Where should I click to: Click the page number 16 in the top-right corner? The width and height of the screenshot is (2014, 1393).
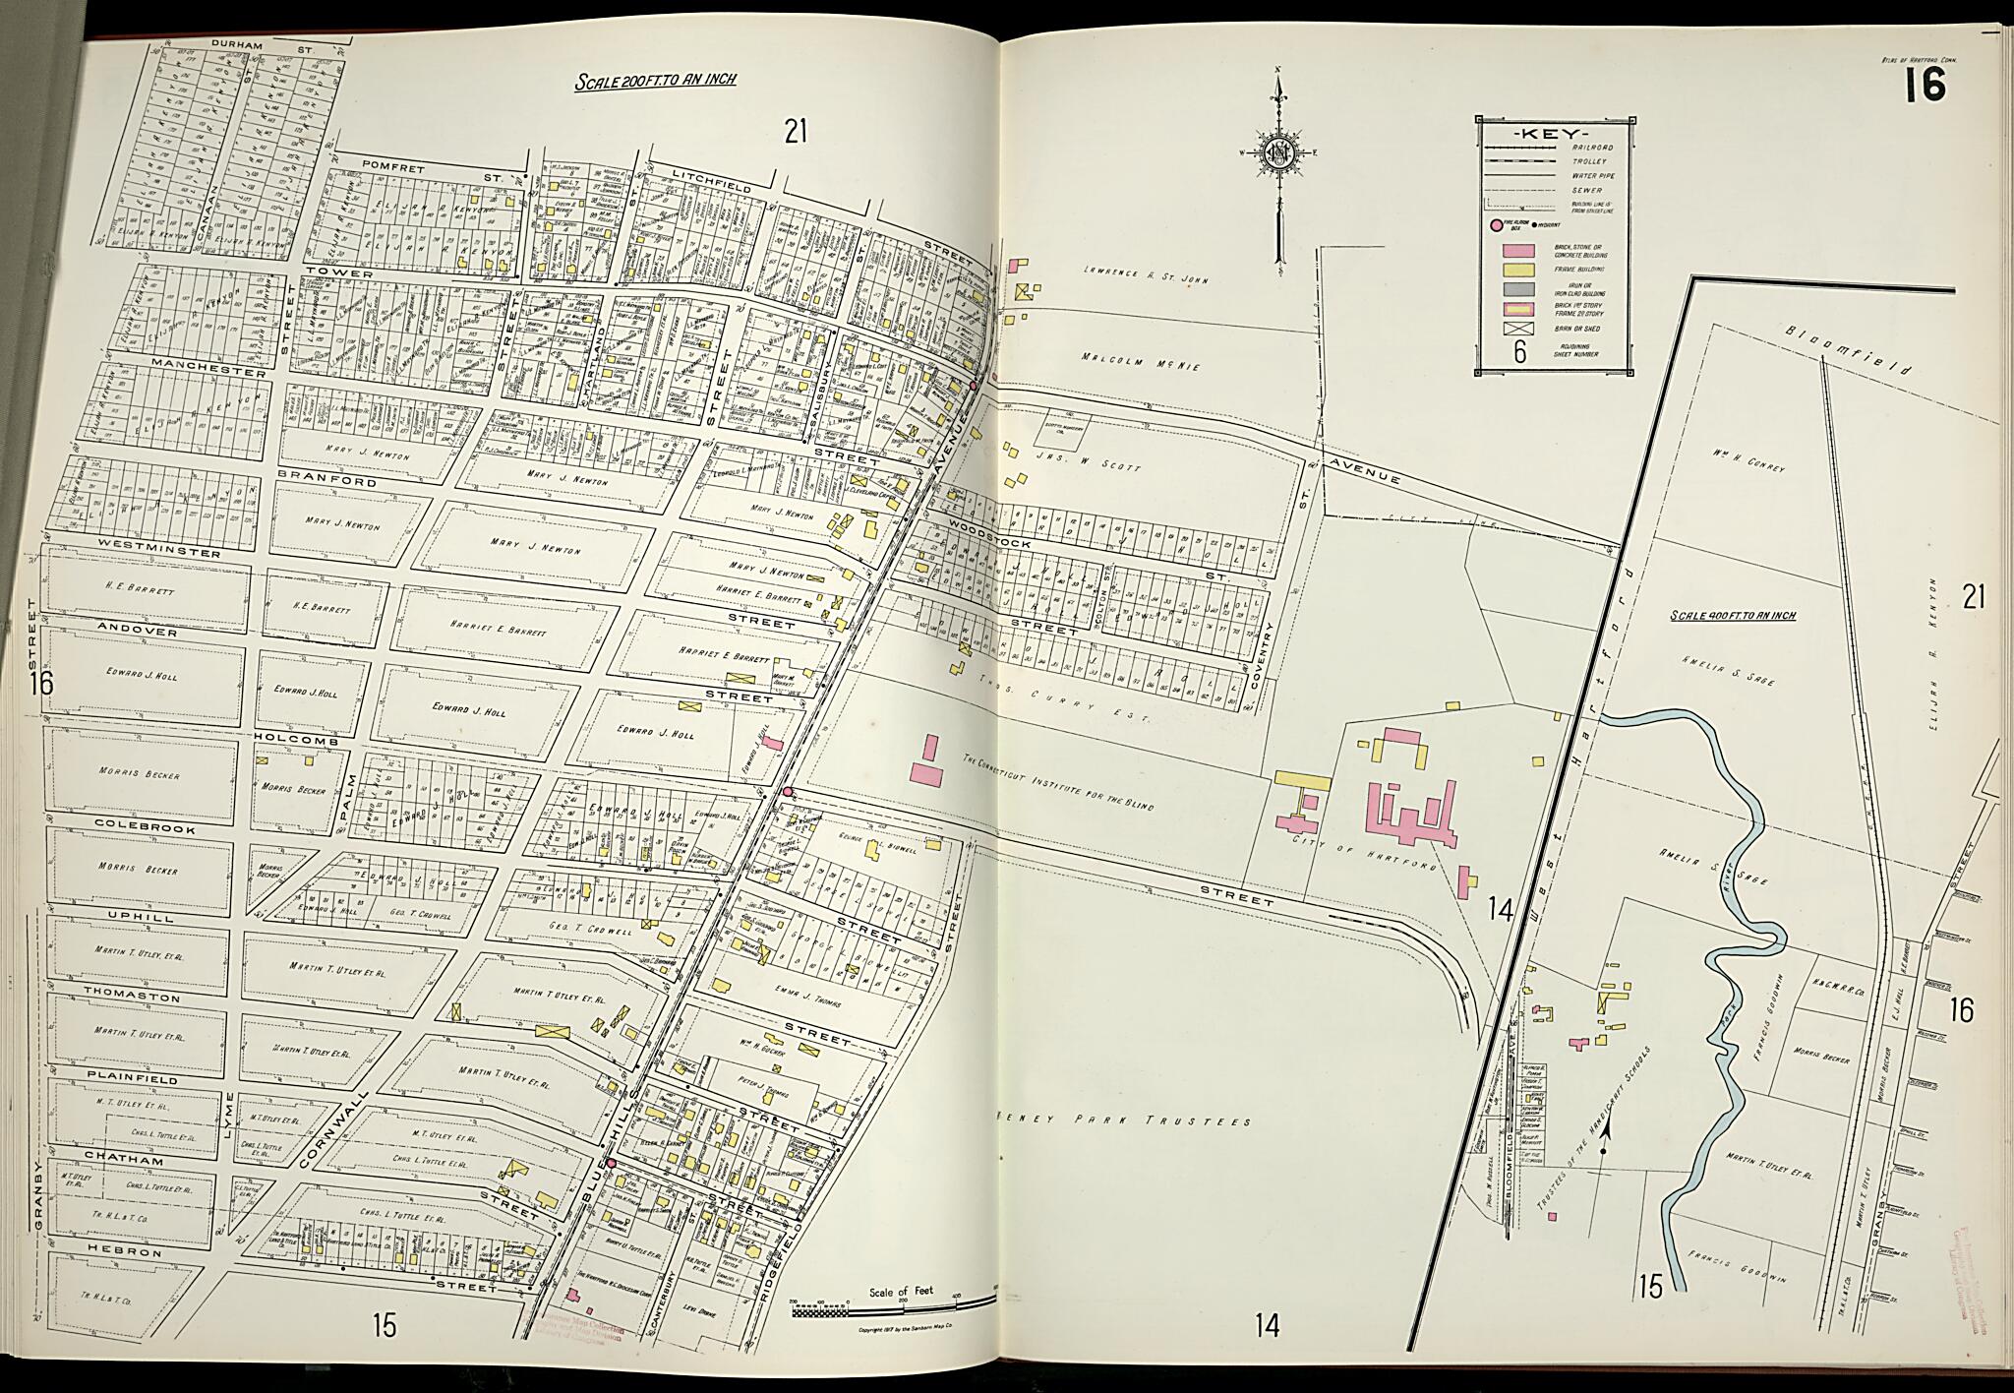(x=1925, y=86)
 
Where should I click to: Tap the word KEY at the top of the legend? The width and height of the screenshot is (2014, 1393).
(x=1554, y=133)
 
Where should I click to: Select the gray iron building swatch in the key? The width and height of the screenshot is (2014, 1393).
(x=1518, y=289)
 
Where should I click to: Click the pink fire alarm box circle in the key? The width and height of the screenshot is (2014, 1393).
(x=1497, y=225)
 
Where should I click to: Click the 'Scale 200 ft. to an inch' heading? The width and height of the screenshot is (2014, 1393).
(x=656, y=81)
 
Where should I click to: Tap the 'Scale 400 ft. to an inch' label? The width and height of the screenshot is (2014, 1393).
(x=1733, y=615)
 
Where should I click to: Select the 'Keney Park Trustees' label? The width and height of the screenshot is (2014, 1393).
(x=1124, y=1120)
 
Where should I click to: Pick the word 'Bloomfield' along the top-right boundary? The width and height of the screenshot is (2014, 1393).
(x=1849, y=352)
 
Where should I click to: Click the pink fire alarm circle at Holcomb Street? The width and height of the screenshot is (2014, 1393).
(x=787, y=791)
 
